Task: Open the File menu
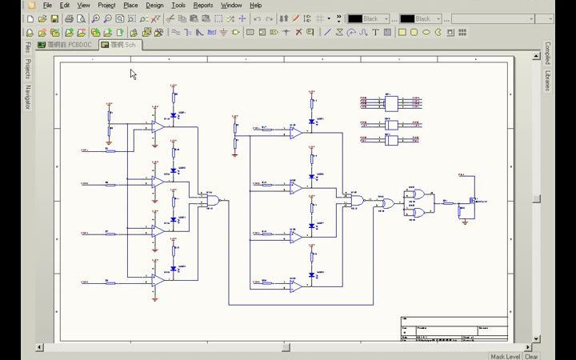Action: coord(48,5)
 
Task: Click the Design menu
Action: coord(154,5)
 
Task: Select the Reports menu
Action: coord(203,5)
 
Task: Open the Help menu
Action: coord(256,5)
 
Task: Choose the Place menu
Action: coord(130,5)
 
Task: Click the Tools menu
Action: coord(178,5)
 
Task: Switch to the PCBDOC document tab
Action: coord(66,45)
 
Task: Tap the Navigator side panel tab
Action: coord(27,97)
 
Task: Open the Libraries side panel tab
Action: coord(548,80)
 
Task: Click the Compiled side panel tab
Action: coord(548,54)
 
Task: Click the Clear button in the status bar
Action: coord(531,357)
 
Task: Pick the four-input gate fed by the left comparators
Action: coord(212,201)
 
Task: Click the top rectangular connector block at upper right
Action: coord(391,103)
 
